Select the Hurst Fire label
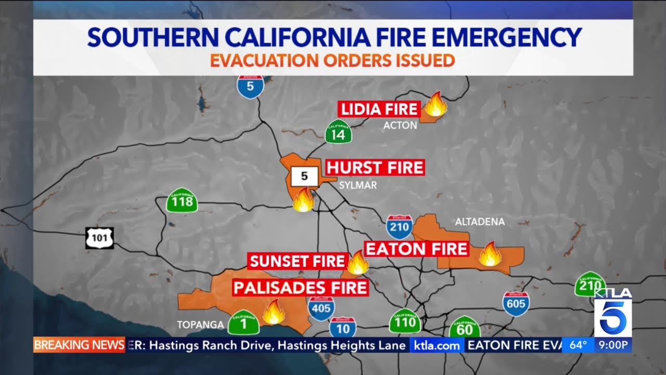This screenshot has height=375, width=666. click(375, 168)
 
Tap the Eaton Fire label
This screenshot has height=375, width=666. click(416, 249)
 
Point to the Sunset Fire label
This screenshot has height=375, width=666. click(297, 261)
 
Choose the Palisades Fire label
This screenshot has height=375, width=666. click(300, 287)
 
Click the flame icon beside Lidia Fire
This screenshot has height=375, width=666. click(436, 104)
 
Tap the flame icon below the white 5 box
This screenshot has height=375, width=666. click(303, 199)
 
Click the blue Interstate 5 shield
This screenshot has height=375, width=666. click(251, 86)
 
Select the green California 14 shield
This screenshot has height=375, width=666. click(338, 132)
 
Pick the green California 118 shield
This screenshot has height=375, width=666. click(182, 199)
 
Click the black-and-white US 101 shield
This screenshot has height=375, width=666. click(99, 238)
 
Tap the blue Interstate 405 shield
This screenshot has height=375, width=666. click(321, 308)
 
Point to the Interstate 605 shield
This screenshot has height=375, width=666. click(516, 304)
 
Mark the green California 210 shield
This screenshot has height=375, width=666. click(590, 284)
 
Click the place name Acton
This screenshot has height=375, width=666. click(400, 125)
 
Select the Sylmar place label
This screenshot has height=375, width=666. click(357, 185)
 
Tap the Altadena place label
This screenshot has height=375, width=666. click(480, 222)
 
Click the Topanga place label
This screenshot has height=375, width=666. click(200, 325)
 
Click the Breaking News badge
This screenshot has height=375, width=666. click(79, 345)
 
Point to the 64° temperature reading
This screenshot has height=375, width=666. click(578, 345)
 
